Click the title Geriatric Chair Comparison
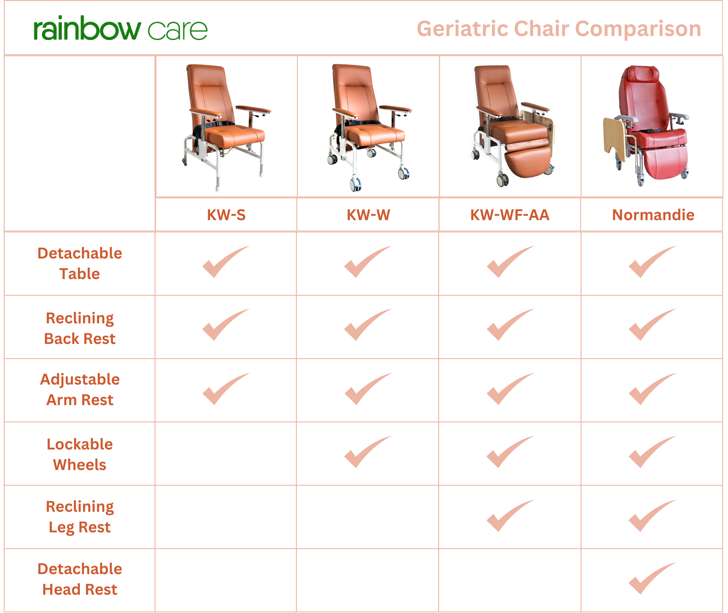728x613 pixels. coord(559,29)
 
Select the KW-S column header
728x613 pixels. coord(226,215)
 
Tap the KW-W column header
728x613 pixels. coord(368,215)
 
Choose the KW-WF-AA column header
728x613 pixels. coord(510,215)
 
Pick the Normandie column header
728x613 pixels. coord(653,215)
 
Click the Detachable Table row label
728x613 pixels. coord(79,263)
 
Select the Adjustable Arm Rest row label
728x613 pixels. coord(79,389)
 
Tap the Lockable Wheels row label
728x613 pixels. coord(79,454)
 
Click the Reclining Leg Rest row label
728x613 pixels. coord(79,517)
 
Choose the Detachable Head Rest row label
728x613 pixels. coord(79,579)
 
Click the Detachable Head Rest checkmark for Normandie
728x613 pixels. coord(652,578)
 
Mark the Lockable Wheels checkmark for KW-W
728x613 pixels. coord(368,451)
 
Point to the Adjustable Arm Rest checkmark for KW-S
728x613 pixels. coord(226,389)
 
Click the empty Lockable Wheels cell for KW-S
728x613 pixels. coord(226,454)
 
